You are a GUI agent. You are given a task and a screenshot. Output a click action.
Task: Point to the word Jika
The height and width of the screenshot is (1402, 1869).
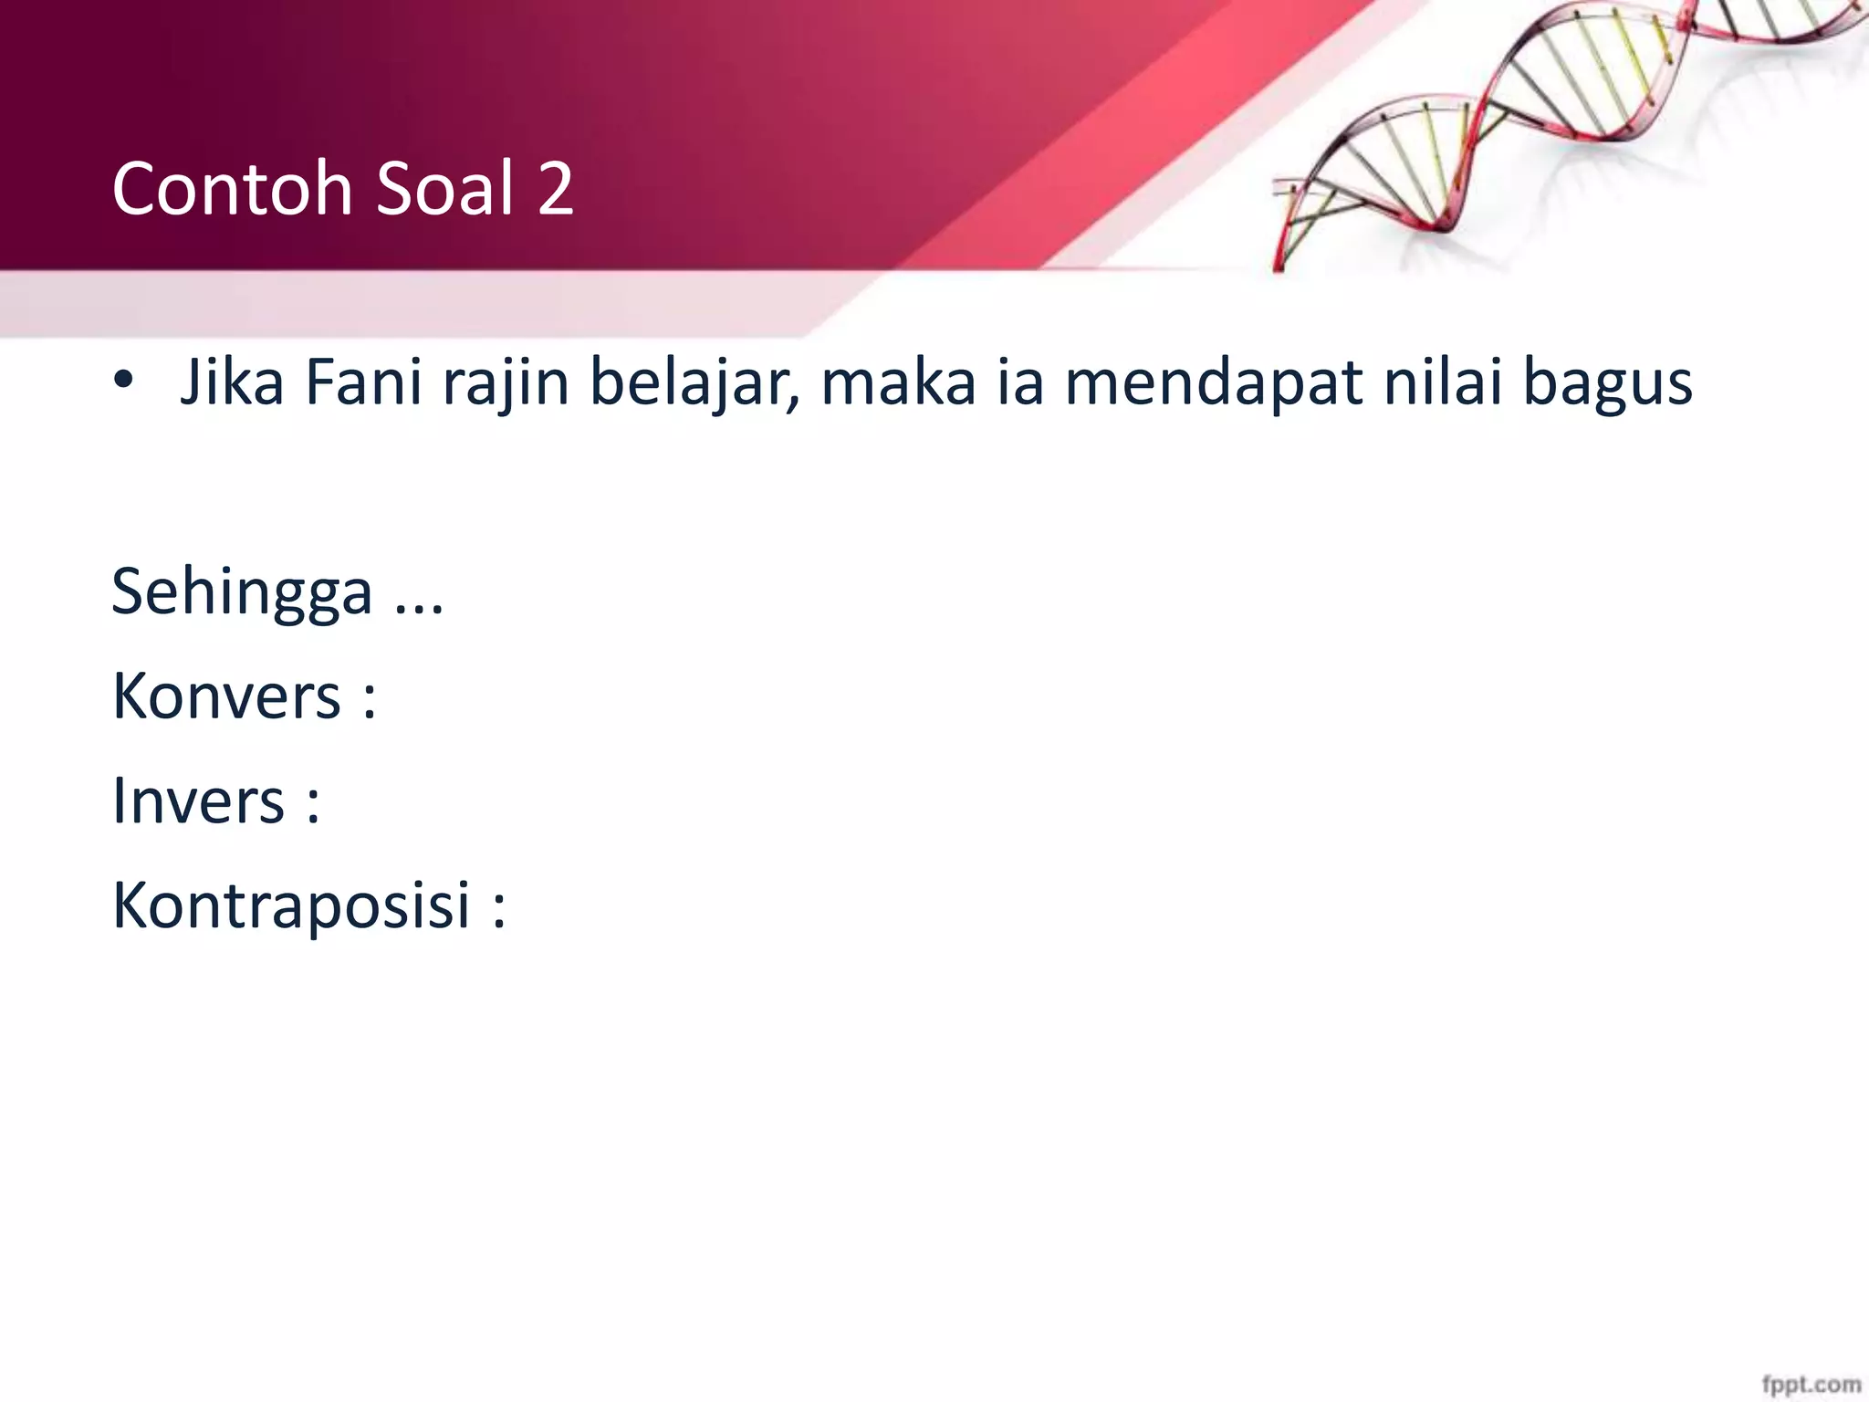click(x=232, y=382)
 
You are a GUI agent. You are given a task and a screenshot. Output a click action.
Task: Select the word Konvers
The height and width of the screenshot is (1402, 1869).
click(x=226, y=696)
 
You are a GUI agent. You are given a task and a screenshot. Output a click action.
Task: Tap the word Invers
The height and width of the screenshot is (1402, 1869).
click(x=198, y=800)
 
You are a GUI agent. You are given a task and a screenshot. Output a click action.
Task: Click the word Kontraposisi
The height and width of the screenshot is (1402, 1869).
click(x=291, y=905)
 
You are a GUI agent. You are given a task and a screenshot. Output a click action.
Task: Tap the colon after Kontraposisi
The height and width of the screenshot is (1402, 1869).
click(x=498, y=907)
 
